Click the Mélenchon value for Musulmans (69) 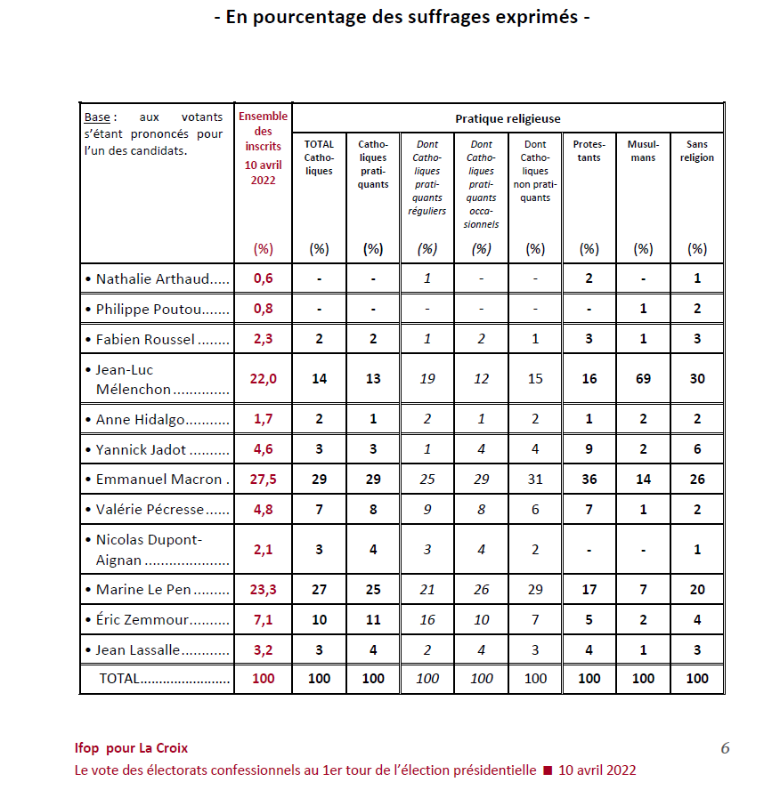pyautogui.click(x=643, y=379)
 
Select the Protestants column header pyautogui.click(x=589, y=151)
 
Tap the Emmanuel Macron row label pyautogui.click(x=158, y=480)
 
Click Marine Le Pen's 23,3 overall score pyautogui.click(x=263, y=589)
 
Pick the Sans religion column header pyautogui.click(x=697, y=151)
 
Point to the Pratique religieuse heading pyautogui.click(x=508, y=118)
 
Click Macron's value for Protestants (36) pyautogui.click(x=589, y=480)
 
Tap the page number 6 pyautogui.click(x=725, y=748)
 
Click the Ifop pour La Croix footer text pyautogui.click(x=131, y=748)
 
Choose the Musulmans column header pyautogui.click(x=643, y=151)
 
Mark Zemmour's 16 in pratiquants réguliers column pyautogui.click(x=427, y=620)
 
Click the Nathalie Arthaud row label pyautogui.click(x=157, y=278)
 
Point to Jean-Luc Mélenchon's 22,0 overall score pyautogui.click(x=263, y=379)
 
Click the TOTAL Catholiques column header pyautogui.click(x=319, y=157)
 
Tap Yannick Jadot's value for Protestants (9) pyautogui.click(x=589, y=449)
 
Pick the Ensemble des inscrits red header pyautogui.click(x=263, y=148)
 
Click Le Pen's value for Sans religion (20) pyautogui.click(x=697, y=589)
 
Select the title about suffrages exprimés pyautogui.click(x=402, y=17)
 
